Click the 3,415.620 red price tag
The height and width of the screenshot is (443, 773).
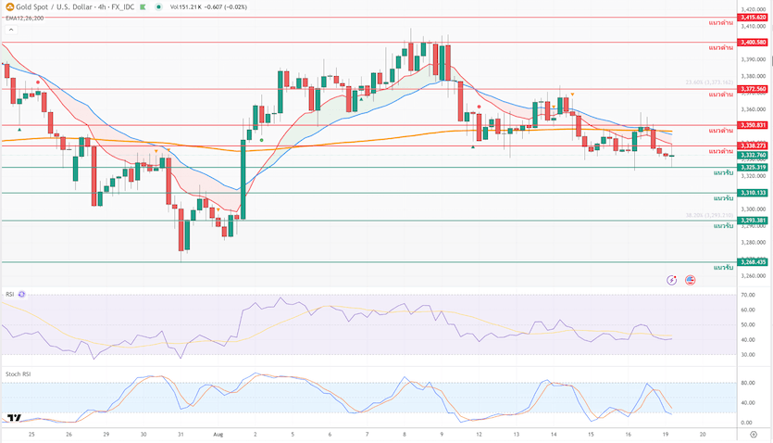753,18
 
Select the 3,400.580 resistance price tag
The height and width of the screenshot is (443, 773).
753,43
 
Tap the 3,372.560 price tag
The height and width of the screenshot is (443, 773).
753,89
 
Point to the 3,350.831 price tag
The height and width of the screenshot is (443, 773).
753,125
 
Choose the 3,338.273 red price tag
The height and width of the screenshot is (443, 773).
753,146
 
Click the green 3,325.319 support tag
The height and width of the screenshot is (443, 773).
753,168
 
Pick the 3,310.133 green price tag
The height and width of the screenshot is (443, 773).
753,193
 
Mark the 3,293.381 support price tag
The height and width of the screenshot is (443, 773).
753,221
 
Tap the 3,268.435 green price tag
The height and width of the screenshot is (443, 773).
753,262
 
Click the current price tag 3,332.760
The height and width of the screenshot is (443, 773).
753,156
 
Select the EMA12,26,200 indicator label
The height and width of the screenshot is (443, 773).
25,18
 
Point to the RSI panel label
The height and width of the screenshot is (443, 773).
9,294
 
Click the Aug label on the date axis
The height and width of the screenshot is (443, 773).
218,433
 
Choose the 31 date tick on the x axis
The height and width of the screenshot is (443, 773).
181,433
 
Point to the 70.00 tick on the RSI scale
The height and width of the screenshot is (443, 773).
749,296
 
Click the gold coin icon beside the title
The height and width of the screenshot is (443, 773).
8,7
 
